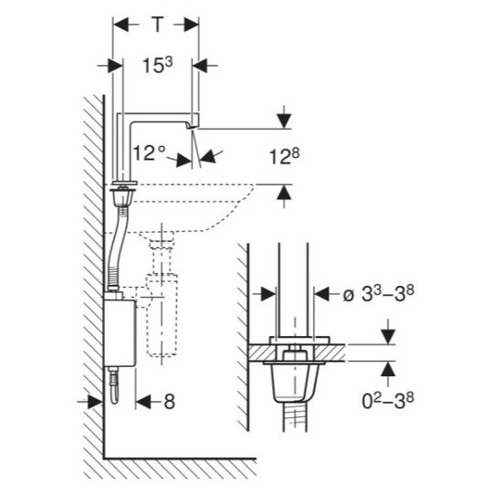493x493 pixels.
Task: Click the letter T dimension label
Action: point(158,25)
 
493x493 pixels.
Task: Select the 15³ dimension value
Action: point(158,66)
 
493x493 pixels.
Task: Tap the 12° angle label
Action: point(149,152)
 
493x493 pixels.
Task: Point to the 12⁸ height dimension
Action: point(285,156)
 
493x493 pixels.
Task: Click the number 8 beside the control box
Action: point(170,402)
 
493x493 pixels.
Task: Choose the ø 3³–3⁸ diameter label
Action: point(378,294)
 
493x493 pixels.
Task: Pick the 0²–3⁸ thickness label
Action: point(388,401)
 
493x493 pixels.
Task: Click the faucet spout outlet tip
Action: point(192,126)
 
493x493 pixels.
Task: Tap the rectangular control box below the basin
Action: point(120,332)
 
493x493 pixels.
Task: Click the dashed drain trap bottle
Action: point(162,314)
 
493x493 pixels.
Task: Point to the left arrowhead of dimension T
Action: point(121,25)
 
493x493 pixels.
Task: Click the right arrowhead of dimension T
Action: point(191,25)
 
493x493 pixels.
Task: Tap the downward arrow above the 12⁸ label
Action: point(284,121)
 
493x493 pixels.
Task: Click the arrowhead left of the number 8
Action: point(143,402)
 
